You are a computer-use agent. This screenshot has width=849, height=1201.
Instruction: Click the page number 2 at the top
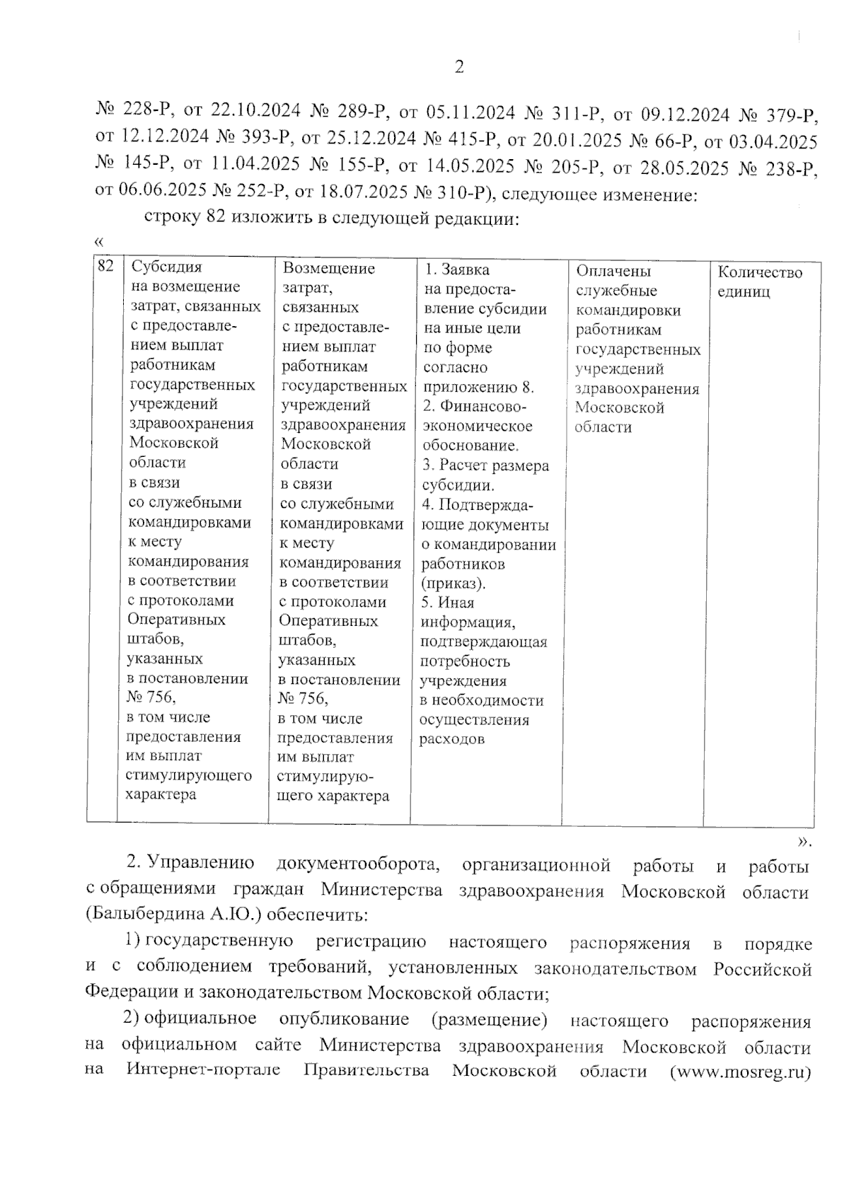point(458,67)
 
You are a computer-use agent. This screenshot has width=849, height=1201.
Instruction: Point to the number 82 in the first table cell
point(105,266)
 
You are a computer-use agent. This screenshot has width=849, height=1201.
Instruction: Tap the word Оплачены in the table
point(613,271)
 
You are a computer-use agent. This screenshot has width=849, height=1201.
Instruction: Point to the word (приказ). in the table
point(454,584)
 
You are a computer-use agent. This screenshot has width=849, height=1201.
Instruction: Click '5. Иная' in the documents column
point(448,603)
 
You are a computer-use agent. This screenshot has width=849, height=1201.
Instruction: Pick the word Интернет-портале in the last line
point(203,1069)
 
